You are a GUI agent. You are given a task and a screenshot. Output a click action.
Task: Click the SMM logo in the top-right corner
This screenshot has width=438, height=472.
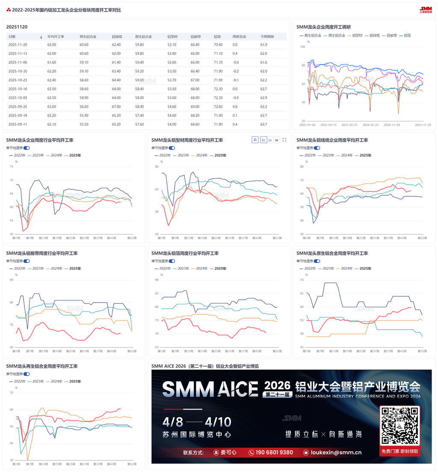426,9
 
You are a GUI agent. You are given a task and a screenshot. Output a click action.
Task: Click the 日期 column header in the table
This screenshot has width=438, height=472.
12,37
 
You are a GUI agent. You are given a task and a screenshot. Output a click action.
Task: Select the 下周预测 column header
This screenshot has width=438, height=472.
267,37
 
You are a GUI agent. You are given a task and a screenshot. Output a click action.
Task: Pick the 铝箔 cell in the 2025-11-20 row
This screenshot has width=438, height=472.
218,44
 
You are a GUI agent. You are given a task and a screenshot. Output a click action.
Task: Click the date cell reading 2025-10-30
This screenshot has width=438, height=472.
18,71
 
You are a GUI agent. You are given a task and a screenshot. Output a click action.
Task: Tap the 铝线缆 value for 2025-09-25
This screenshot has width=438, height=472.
116,106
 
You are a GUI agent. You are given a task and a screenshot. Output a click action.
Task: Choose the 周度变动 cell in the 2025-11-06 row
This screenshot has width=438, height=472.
235,62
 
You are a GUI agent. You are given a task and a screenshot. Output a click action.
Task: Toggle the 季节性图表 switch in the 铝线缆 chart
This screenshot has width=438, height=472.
317,148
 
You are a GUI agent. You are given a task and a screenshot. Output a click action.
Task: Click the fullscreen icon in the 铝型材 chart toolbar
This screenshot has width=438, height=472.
284,140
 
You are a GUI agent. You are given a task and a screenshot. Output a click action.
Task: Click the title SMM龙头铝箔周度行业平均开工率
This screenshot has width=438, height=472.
185,254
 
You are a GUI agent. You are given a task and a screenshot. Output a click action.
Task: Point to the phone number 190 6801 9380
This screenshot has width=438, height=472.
273,452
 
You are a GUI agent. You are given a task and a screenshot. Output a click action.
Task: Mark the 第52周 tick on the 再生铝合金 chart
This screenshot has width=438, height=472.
132,464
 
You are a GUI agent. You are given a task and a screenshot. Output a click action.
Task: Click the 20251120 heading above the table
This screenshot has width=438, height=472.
17,27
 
